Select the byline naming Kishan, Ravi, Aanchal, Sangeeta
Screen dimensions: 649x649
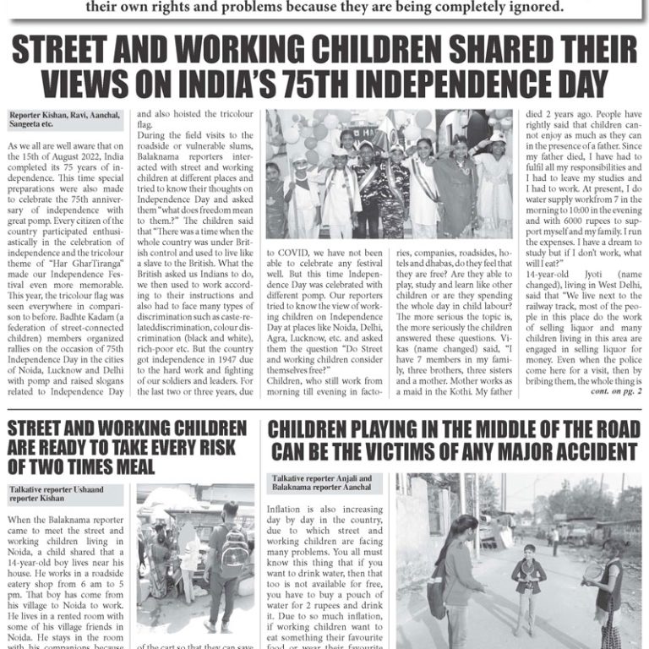click(64, 119)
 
